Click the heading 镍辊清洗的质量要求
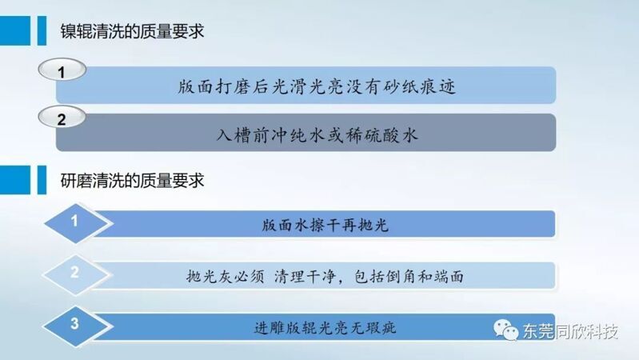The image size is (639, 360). coord(132,31)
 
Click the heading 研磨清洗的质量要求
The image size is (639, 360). coord(132,181)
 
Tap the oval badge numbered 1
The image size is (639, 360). coord(62,70)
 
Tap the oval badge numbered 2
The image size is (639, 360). coord(62,117)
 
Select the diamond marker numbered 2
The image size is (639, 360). coord(76,274)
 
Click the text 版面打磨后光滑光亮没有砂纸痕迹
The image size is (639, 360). coord(317,86)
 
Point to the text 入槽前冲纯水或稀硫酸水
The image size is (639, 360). coord(317,134)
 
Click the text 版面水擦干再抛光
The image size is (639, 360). coord(325,225)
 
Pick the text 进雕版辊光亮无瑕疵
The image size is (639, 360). coord(325,327)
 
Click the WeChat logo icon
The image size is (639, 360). coord(505,330)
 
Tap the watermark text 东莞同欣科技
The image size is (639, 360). coord(570,331)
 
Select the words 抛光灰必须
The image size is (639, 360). coord(225,277)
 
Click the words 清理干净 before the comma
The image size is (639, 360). coord(305,277)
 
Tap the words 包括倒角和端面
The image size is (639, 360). coord(409,277)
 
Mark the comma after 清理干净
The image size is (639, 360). coord(341,282)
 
